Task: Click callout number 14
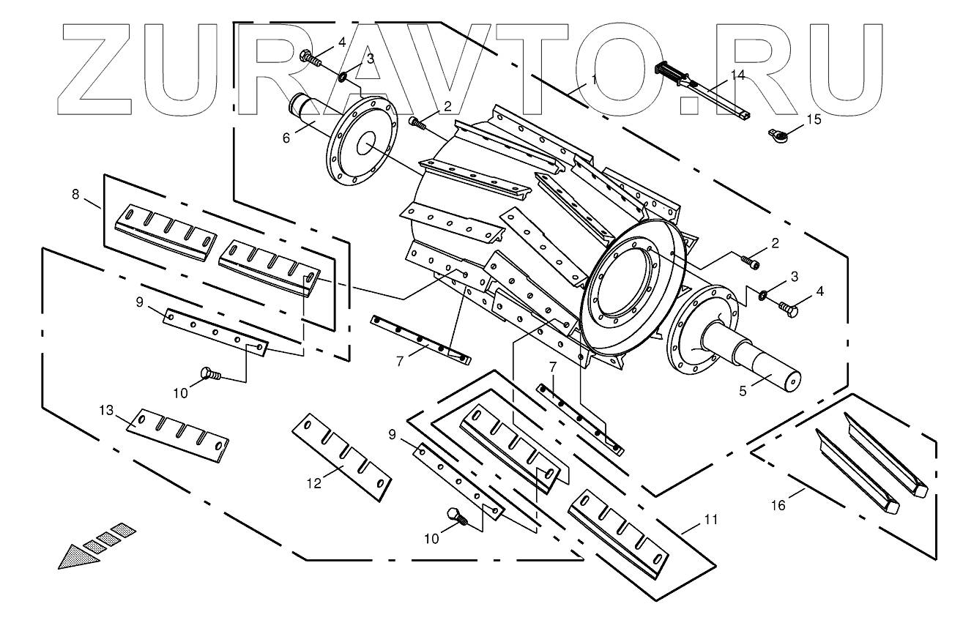tap(737, 75)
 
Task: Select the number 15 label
tap(814, 119)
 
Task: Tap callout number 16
tap(778, 505)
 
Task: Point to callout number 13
tap(108, 411)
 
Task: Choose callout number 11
tap(710, 519)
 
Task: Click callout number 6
tap(287, 138)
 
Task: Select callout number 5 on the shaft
tap(743, 391)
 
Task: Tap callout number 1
tap(594, 77)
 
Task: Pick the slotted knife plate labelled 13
tap(178, 436)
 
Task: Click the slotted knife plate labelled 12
tap(341, 457)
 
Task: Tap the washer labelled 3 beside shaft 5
tap(762, 296)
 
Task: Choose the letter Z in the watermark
tap(95, 70)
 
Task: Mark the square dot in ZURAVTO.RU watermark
tap(690, 103)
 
